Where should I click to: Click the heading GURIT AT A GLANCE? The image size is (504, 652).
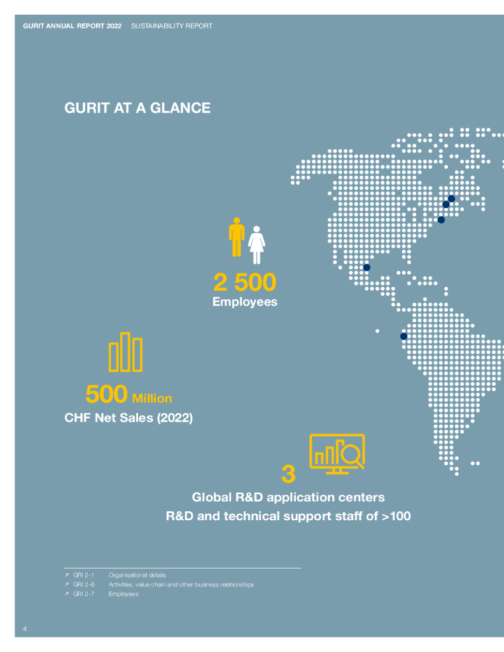137,108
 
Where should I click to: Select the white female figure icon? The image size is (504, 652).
256,244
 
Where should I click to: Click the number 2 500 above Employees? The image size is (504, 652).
245,282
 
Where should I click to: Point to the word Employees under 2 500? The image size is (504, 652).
245,302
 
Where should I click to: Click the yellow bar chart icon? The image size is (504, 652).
125,352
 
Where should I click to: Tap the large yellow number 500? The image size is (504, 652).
106,394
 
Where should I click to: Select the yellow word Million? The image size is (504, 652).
151,399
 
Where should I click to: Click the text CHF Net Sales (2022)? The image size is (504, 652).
129,418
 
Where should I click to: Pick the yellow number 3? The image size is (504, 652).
288,474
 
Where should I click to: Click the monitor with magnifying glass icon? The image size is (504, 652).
337,453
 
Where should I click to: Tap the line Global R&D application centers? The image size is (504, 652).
288,497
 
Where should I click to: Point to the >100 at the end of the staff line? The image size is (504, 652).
396,516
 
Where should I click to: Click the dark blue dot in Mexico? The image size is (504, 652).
367,267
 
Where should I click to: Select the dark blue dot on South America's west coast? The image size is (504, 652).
403,336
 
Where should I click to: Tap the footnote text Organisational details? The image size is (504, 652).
137,575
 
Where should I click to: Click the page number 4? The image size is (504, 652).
25,629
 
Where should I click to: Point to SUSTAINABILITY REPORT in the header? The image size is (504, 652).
172,26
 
